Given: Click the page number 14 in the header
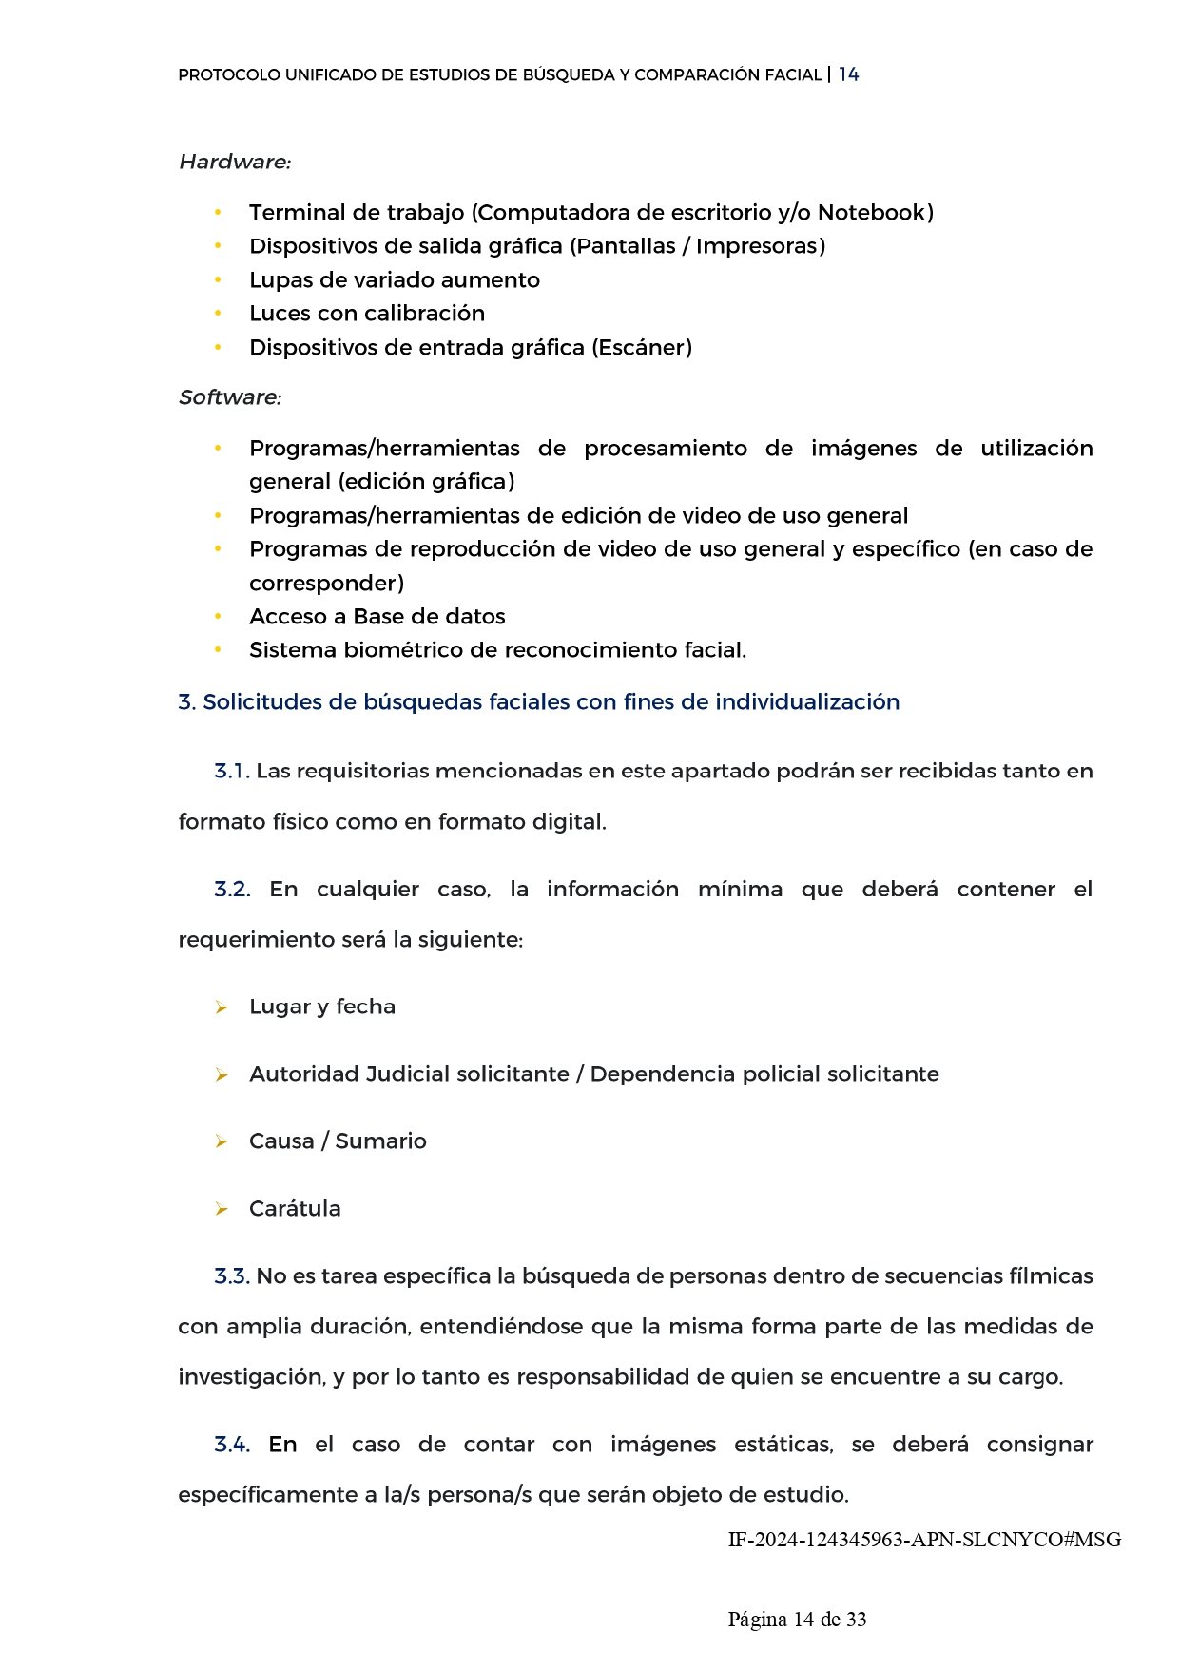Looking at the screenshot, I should coord(848,75).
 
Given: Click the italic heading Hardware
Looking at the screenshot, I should coord(234,163).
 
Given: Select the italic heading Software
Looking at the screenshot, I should coord(229,397).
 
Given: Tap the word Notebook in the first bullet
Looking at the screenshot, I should coord(872,213).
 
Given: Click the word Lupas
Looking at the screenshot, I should coord(276,280).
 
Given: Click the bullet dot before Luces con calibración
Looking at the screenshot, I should coord(218,313).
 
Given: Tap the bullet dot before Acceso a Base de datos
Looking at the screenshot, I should coord(218,616).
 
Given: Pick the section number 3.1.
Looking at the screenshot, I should coord(231,771).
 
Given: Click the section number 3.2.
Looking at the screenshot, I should coord(232,890).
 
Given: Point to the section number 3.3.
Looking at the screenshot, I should coord(232,1276).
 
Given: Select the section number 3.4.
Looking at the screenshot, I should coord(232,1445).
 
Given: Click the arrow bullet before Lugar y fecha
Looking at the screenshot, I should coord(222,1007).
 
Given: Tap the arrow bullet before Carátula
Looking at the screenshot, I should coord(222,1209).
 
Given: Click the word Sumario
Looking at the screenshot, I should coord(380,1141).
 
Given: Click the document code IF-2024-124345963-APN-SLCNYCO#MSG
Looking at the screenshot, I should coord(924,1540).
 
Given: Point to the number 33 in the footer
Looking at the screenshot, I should coord(856,1620).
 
